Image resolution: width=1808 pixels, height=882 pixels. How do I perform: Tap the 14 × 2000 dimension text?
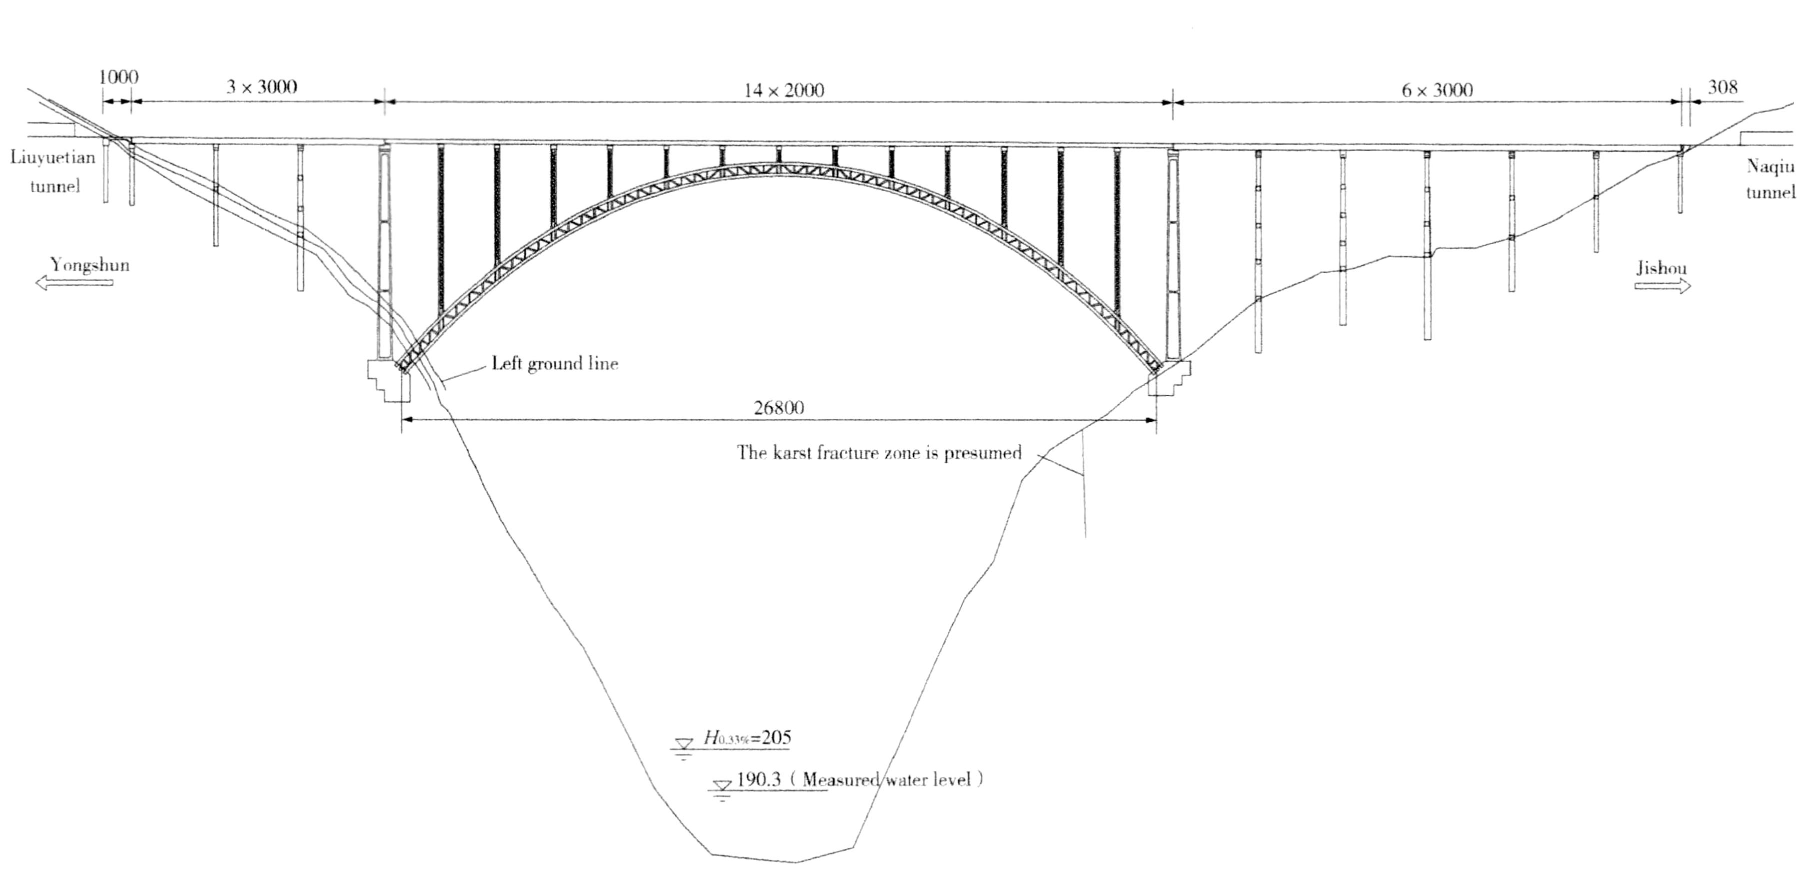pos(783,90)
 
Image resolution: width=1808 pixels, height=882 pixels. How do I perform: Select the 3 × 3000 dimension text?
pos(261,87)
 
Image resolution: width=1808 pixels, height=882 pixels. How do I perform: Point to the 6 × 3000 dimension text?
pos(1437,90)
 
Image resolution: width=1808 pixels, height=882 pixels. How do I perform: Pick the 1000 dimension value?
pos(118,77)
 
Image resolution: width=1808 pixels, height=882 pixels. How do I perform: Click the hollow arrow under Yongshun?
pos(73,283)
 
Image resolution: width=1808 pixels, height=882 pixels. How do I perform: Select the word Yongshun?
pos(90,265)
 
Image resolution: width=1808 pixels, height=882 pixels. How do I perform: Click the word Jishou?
pos(1662,268)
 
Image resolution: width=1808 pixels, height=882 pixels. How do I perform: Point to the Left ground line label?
pos(554,364)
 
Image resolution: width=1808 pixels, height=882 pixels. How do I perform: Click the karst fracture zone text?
pos(879,453)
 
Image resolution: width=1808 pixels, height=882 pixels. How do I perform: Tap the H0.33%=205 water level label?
pos(747,738)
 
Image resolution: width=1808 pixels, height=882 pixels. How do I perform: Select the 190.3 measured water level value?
pos(759,779)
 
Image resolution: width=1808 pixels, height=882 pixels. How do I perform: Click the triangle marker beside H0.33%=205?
pos(683,743)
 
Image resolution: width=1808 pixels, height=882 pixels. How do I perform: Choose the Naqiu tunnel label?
pos(1770,179)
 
